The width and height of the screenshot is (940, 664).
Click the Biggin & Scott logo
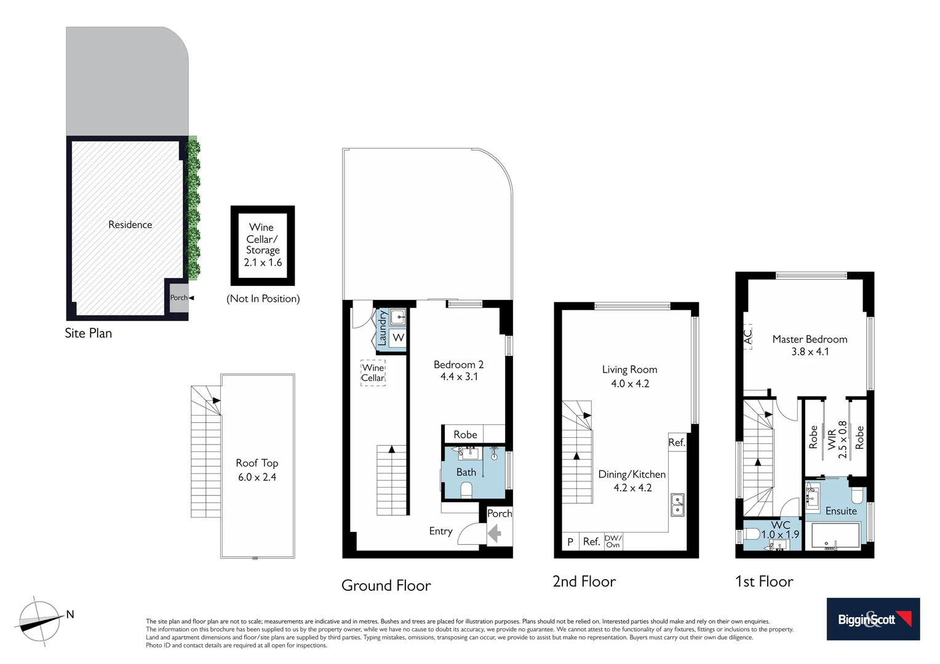coord(872,619)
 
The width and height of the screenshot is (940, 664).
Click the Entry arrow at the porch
coord(494,534)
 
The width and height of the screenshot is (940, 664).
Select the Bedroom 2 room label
coord(458,371)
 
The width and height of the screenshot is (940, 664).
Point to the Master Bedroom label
coord(810,345)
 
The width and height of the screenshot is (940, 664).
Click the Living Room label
coord(629,376)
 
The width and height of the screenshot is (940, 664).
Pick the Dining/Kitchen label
coord(632,481)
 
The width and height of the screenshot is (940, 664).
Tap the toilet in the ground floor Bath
coord(466,489)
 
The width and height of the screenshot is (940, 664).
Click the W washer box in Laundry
coord(398,338)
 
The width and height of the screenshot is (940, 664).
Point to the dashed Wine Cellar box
coord(373,373)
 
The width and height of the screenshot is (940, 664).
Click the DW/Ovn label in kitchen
coord(613,541)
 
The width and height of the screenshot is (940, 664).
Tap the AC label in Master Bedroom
coord(748,336)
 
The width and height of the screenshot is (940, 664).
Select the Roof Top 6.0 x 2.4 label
coord(257,470)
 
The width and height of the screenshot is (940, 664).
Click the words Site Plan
coord(89,333)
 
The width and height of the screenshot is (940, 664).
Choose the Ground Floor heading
coord(386,585)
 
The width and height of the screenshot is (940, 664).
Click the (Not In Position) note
coord(263,299)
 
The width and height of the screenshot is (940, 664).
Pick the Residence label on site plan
coord(130,224)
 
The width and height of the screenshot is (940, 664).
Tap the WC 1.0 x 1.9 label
coord(780,530)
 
